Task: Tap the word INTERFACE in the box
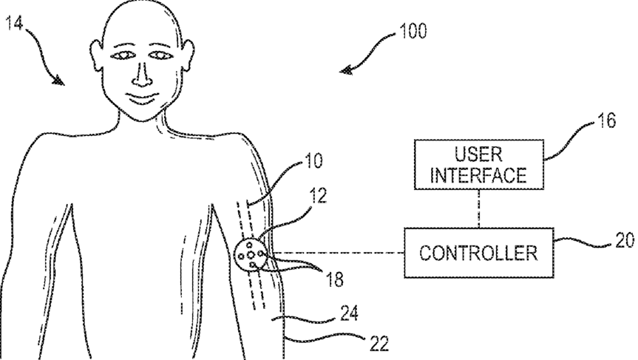(479, 176)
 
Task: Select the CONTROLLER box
(479, 252)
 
